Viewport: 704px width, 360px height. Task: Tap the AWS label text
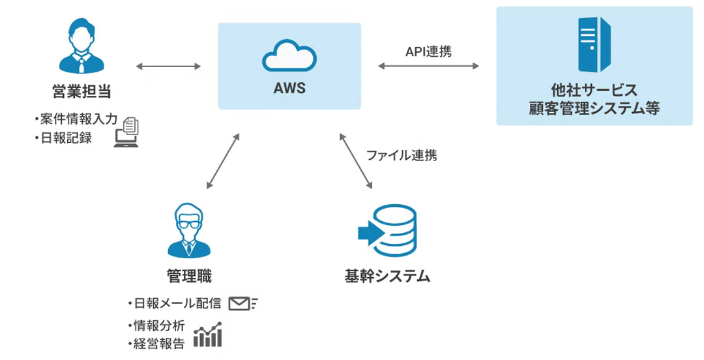click(289, 87)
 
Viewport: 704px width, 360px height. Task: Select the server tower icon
click(594, 44)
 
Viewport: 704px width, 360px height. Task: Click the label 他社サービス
click(594, 90)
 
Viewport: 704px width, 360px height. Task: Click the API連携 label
click(428, 50)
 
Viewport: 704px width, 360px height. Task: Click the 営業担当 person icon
click(81, 46)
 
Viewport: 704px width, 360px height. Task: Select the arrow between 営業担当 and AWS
click(168, 66)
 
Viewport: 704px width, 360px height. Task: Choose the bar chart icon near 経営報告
click(209, 335)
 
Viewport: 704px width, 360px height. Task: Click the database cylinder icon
click(389, 233)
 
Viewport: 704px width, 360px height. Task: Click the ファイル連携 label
click(402, 156)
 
